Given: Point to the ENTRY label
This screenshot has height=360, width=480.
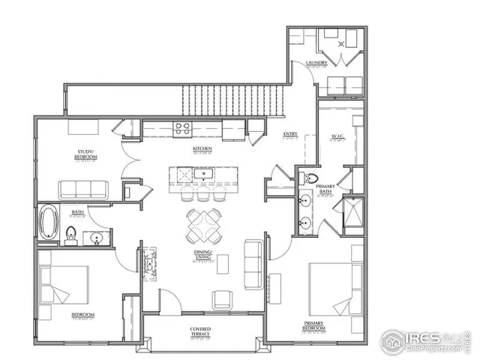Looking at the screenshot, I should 289,135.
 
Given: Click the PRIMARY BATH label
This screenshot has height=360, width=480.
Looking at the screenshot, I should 325,190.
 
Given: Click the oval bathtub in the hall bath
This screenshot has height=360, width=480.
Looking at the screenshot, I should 49,223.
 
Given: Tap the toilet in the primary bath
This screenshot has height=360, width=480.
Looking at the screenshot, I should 310,179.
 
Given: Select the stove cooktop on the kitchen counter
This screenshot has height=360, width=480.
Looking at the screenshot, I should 181,128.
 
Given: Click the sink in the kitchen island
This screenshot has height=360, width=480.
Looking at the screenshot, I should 201,175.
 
